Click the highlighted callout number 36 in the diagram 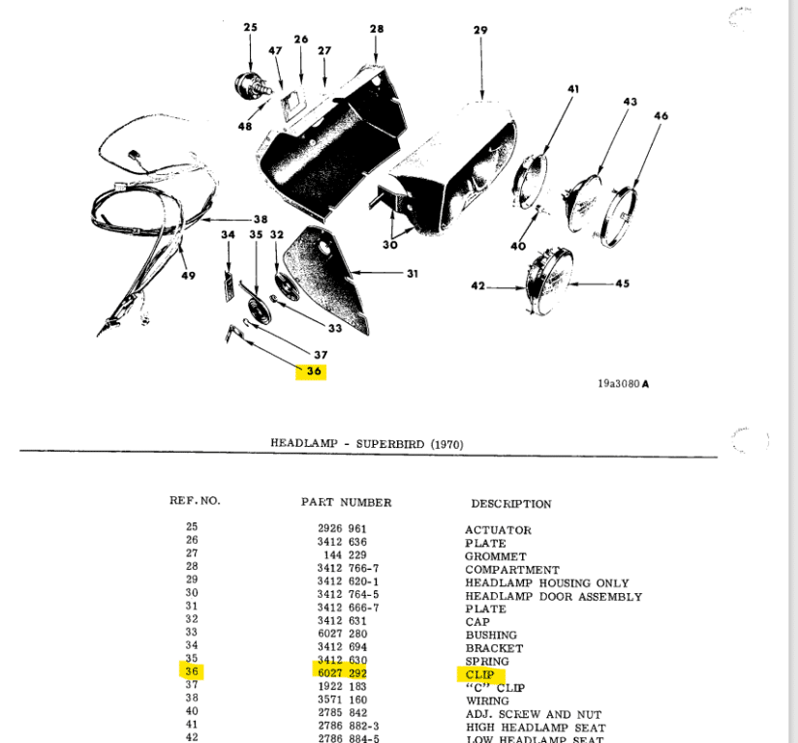tap(313, 371)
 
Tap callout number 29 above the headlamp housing tap(480, 31)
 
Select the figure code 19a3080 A tap(623, 384)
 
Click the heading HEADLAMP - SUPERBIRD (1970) tap(367, 444)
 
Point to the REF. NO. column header tap(195, 501)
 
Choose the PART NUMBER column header tap(346, 502)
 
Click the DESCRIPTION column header tap(510, 503)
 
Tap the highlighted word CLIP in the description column tap(479, 674)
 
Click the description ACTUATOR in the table tap(498, 530)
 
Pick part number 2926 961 tap(342, 530)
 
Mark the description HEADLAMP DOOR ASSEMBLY tap(553, 597)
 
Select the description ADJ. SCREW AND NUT tap(532, 714)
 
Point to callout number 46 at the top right tap(661, 116)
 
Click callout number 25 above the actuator tap(251, 28)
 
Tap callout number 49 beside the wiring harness tap(187, 276)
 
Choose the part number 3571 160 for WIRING tap(342, 700)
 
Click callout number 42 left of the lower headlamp tap(476, 286)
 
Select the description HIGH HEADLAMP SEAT tap(535, 728)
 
